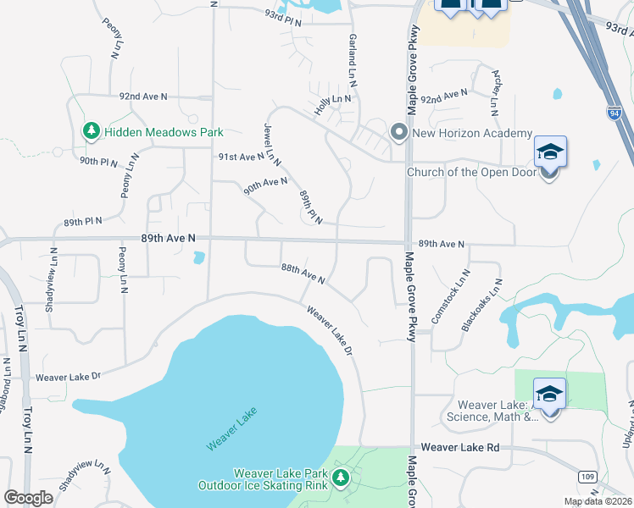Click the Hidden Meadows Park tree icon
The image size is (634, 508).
91,131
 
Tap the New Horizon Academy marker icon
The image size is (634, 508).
398,132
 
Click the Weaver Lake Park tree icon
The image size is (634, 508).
341,478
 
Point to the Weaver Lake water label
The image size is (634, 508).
231,429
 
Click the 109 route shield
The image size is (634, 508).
588,478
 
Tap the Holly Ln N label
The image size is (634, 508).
332,99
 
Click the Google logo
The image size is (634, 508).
28,498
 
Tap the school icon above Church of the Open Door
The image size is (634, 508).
549,152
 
